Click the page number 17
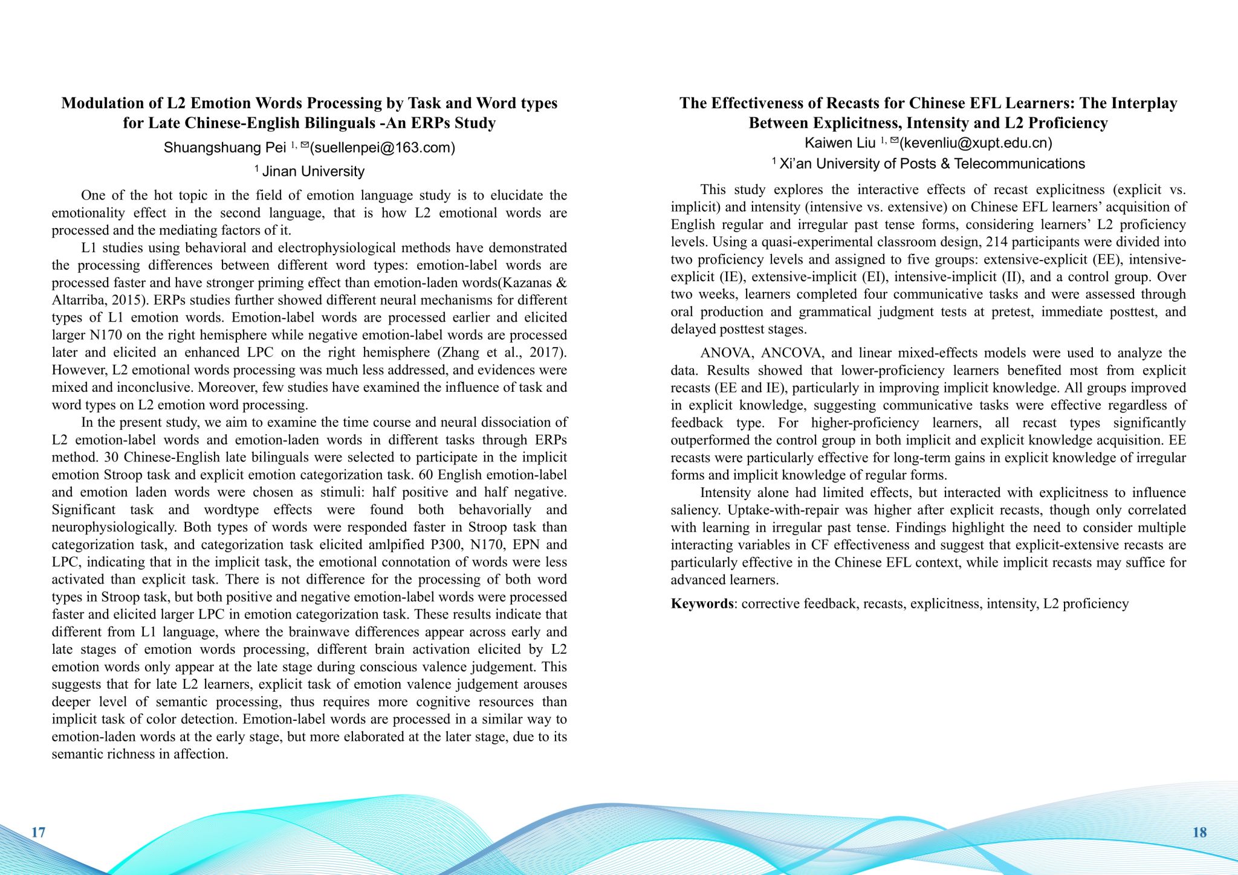tap(38, 832)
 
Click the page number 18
tap(1199, 832)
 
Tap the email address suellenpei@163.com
tap(382, 148)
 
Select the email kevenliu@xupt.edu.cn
tap(976, 143)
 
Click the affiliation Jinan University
tap(313, 172)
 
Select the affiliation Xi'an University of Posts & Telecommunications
tap(932, 164)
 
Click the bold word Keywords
tap(701, 603)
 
